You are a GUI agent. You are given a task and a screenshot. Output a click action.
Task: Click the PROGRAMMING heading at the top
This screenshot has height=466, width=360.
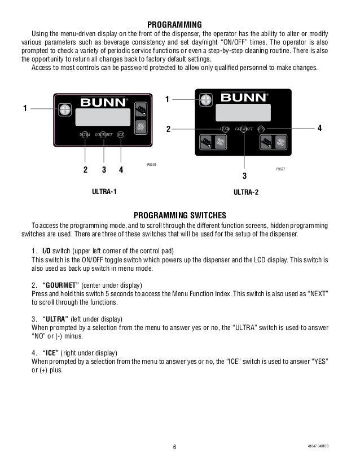click(174, 24)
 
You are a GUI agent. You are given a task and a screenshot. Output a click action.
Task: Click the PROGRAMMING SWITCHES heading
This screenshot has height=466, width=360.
click(179, 215)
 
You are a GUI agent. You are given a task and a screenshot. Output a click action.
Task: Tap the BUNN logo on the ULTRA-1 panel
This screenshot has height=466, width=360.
click(101, 103)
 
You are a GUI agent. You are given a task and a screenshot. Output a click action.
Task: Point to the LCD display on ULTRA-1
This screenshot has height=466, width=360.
click(102, 118)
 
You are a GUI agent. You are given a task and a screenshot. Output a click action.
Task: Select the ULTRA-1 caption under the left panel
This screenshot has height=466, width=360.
click(104, 192)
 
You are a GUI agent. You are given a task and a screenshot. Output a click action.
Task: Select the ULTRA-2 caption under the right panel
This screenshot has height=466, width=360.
click(245, 193)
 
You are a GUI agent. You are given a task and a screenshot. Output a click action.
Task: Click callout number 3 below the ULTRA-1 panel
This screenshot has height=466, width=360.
click(104, 169)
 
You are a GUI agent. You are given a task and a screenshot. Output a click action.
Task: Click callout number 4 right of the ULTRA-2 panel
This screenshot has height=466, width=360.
click(319, 129)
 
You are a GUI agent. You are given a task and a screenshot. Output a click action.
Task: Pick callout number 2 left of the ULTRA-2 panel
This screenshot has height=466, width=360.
click(168, 129)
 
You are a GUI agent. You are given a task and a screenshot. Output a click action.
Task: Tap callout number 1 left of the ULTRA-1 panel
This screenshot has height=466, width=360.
click(25, 109)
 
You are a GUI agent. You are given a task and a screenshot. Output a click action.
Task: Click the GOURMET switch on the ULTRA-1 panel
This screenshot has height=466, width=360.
click(104, 135)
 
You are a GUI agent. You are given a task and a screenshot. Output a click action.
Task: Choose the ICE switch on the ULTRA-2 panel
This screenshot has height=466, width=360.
click(261, 129)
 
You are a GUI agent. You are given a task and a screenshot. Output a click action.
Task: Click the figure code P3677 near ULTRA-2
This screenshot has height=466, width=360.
click(280, 169)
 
